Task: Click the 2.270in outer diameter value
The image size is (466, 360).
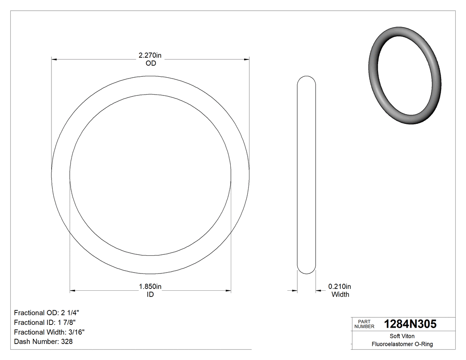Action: [x=150, y=55]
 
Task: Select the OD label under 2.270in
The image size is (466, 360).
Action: [x=151, y=63]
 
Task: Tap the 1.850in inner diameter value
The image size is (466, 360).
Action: [x=150, y=287]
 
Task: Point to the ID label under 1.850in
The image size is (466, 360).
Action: [x=150, y=294]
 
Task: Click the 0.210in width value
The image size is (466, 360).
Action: [x=340, y=287]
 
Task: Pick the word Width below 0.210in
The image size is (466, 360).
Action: [x=340, y=294]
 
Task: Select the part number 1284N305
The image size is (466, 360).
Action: [x=410, y=324]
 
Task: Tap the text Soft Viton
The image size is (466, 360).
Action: [x=403, y=336]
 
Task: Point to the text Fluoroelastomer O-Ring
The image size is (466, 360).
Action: [x=403, y=344]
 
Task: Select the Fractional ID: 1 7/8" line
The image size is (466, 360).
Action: [x=47, y=322]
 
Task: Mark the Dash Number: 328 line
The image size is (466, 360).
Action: [x=43, y=342]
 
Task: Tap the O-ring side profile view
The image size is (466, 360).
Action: [x=306, y=175]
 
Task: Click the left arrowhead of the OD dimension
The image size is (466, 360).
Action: [x=54, y=59]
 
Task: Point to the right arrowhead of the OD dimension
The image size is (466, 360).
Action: [x=246, y=59]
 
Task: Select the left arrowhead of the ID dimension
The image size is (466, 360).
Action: [x=73, y=291]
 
